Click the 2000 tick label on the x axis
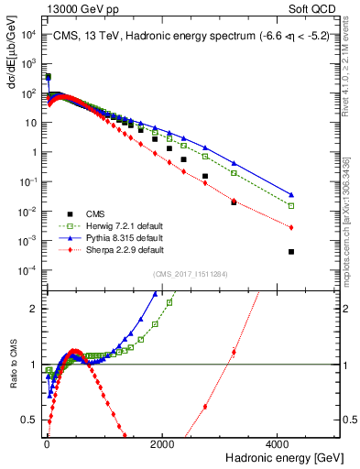point(162,444)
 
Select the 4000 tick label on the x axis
point(277,444)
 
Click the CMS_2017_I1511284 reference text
point(191,274)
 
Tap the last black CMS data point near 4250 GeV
point(291,252)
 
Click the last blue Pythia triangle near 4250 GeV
point(291,194)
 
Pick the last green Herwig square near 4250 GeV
point(291,206)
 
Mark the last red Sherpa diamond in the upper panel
point(291,227)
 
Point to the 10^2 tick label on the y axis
point(29,93)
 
